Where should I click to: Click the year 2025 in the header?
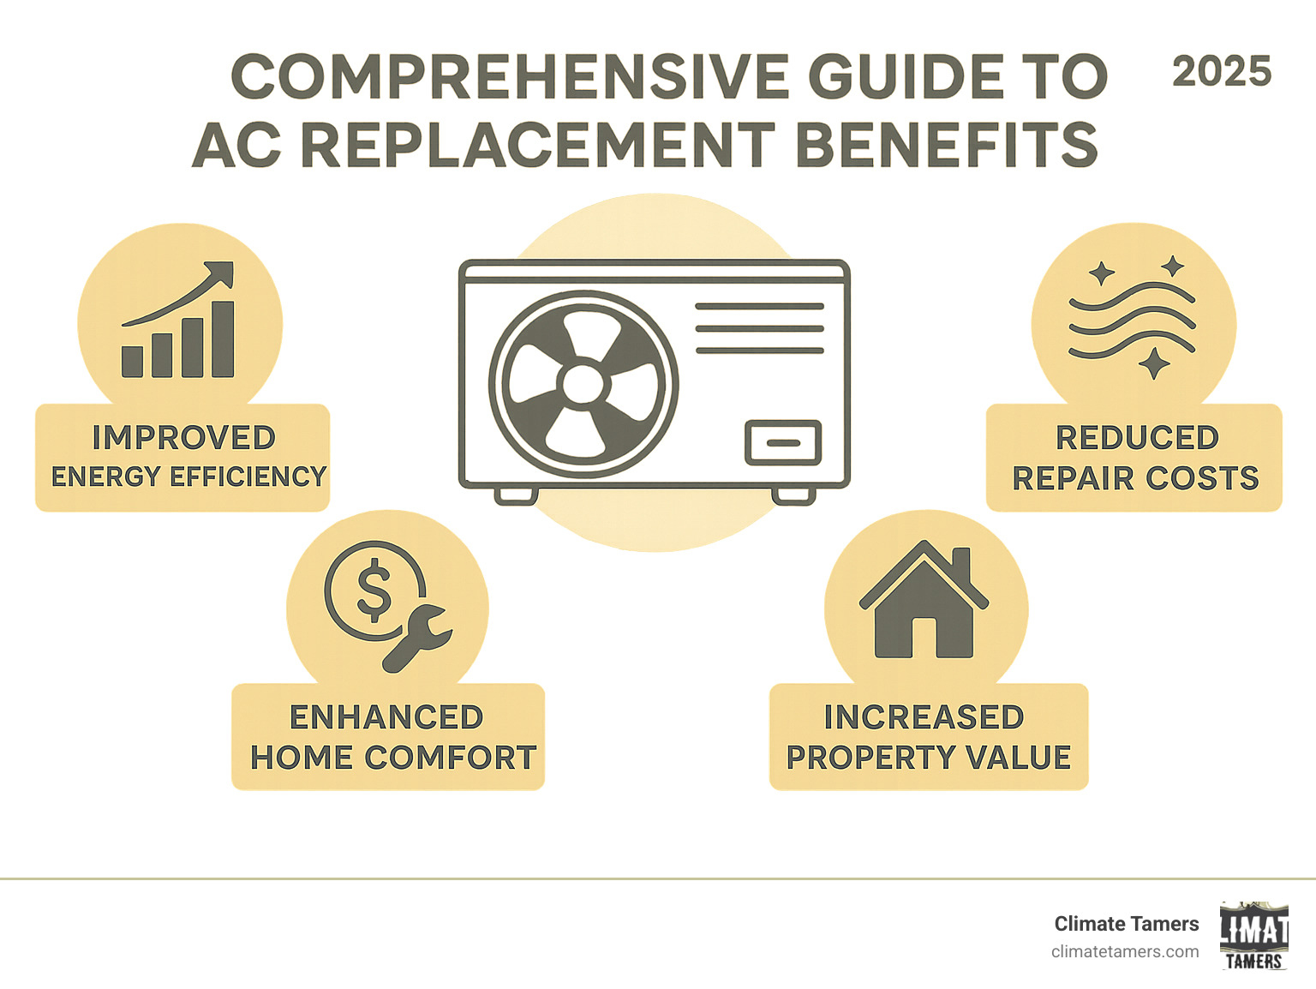1221,72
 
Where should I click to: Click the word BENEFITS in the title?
947,145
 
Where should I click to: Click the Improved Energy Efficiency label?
183,458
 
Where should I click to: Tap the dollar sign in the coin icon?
374,590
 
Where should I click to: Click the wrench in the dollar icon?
415,636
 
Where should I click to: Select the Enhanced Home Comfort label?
388,737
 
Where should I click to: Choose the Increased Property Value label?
929,737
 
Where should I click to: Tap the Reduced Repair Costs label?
1134,458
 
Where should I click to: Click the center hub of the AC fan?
583,383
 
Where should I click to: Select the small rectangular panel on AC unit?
783,442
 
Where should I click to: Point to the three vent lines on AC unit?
759,328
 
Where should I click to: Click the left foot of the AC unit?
517,495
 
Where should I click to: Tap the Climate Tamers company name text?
1126,924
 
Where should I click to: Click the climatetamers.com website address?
1124,951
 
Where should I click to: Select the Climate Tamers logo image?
1254,936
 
